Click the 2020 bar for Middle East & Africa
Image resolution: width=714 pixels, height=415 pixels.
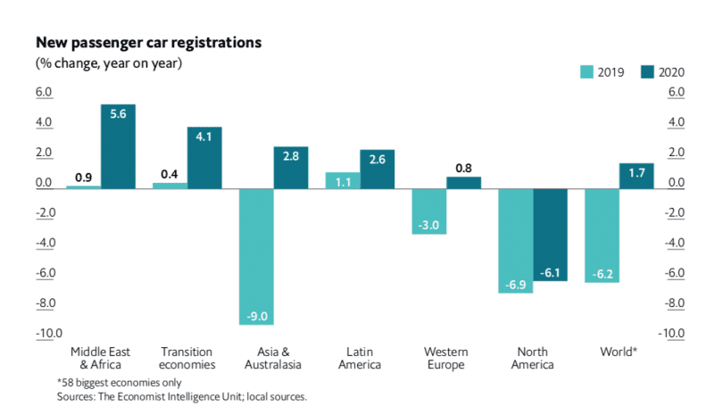tap(118, 146)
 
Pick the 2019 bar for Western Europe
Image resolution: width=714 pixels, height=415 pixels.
tap(428, 211)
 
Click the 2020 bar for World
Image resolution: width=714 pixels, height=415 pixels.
tap(636, 176)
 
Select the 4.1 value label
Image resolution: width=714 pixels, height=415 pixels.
tap(204, 137)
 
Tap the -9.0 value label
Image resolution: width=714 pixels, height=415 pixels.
tap(256, 316)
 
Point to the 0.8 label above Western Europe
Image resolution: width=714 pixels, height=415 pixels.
tap(463, 167)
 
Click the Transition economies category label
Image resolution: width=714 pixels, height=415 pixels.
tap(187, 357)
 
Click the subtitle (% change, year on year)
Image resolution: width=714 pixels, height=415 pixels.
tap(108, 63)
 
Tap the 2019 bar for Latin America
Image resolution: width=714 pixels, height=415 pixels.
tap(343, 179)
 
